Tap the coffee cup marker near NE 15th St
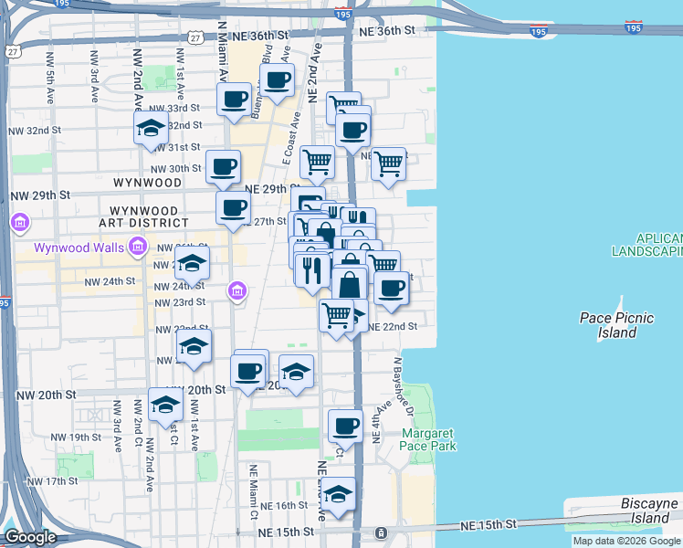pyautogui.click(x=346, y=425)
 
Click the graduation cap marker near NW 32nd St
pyautogui.click(x=151, y=128)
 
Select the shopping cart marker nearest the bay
pyautogui.click(x=388, y=163)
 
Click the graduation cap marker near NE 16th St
pyautogui.click(x=338, y=494)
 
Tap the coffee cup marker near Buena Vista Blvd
pyautogui.click(x=277, y=79)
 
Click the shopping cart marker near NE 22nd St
pyautogui.click(x=336, y=315)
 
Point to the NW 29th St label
pyautogui.click(x=40, y=195)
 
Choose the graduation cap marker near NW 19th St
pyautogui.click(x=165, y=405)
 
